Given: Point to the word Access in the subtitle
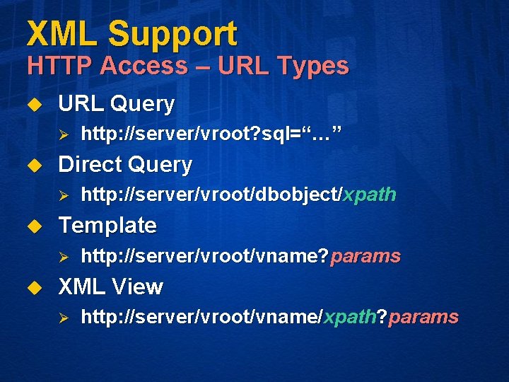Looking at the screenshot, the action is (144, 66).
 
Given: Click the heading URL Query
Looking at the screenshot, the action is (116, 104).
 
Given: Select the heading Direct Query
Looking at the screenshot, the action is (125, 165).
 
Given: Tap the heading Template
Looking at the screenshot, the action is (107, 226).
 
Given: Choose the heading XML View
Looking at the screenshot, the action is (110, 286).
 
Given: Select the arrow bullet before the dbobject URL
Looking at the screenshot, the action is (62, 195).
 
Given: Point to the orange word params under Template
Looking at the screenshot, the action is (366, 256).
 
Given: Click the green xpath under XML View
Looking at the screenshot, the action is (349, 317).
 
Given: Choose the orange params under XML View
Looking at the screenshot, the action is (423, 317).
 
